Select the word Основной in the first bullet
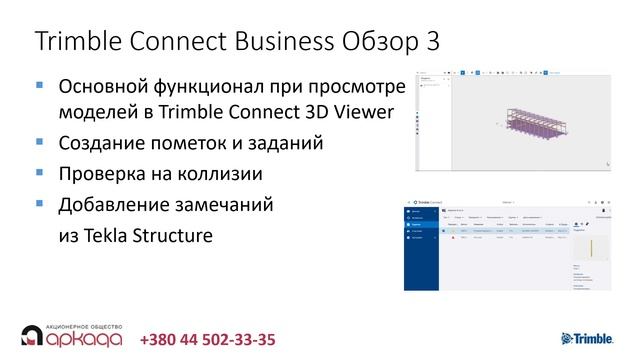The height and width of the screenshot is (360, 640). (x=109, y=86)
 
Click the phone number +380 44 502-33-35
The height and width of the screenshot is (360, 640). (x=208, y=340)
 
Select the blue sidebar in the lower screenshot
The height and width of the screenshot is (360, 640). (x=423, y=250)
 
